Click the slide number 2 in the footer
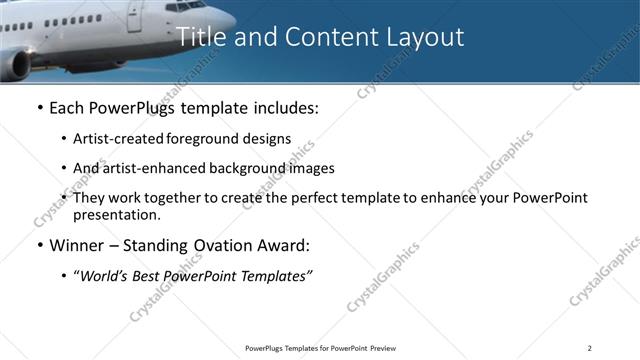point(589,348)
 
